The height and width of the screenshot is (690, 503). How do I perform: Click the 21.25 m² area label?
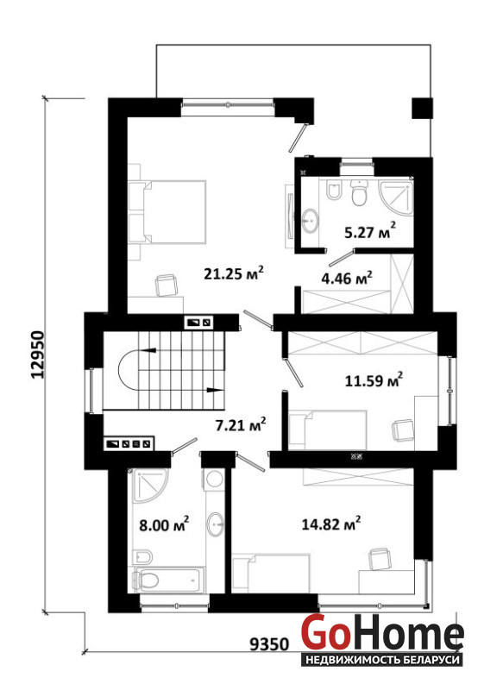click(x=234, y=273)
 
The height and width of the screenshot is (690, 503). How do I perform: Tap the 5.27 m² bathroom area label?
click(x=369, y=230)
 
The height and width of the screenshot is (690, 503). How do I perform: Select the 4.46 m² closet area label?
click(x=347, y=278)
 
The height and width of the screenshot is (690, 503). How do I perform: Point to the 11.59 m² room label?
click(x=374, y=379)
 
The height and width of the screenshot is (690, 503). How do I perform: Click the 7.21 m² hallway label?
click(x=240, y=424)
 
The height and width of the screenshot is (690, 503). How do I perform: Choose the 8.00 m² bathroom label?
click(x=164, y=524)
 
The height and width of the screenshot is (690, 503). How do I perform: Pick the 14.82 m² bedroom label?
click(x=331, y=524)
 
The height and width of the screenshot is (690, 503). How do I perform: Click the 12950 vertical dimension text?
click(x=38, y=354)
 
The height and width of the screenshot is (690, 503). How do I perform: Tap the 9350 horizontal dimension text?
click(x=269, y=644)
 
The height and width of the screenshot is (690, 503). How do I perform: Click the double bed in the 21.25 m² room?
click(x=167, y=211)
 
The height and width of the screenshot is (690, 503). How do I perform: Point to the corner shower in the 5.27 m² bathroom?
click(x=396, y=197)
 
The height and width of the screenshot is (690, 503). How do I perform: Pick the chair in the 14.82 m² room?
click(x=380, y=559)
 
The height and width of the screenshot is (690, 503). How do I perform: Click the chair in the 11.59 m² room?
click(x=403, y=430)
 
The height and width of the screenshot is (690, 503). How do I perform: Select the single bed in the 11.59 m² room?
click(x=328, y=430)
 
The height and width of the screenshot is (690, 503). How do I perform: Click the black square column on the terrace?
click(x=422, y=109)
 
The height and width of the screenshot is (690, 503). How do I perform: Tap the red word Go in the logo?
click(x=324, y=633)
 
